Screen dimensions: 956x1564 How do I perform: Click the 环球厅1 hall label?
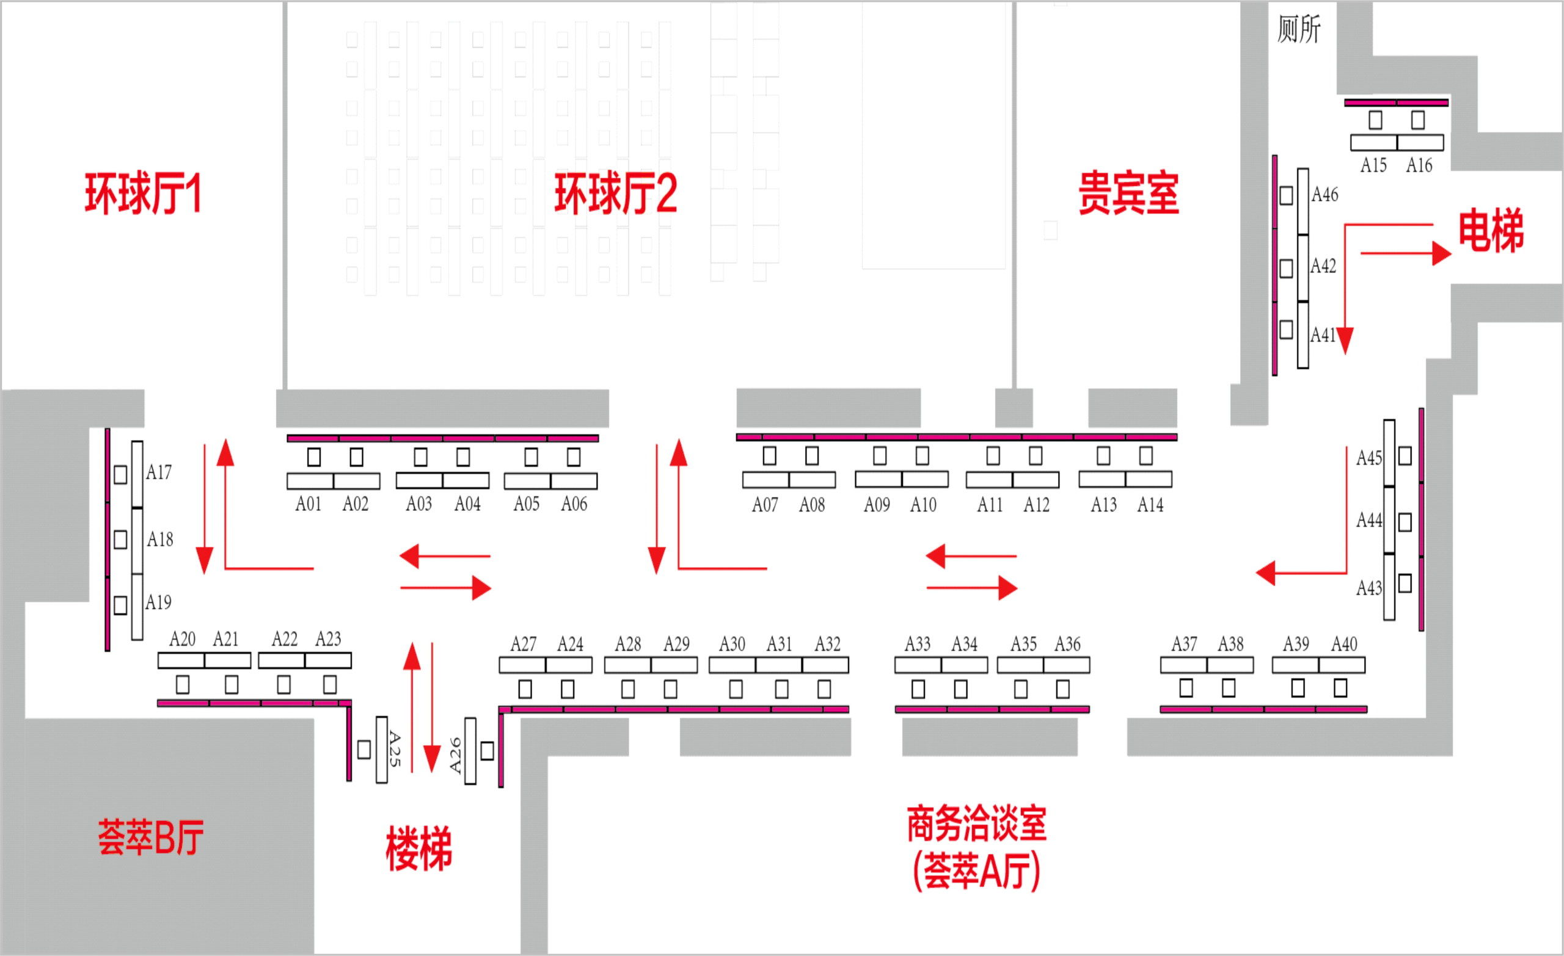tap(144, 194)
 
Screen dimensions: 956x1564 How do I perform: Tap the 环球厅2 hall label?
tap(615, 194)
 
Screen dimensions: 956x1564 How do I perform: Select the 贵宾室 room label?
tap(1128, 193)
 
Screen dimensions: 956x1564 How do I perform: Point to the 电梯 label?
tap(1490, 231)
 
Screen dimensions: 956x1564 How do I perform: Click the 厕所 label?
tap(1299, 29)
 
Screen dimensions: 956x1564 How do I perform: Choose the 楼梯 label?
tap(419, 848)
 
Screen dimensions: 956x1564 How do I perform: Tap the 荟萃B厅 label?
tap(150, 838)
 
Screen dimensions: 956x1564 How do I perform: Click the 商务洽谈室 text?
tap(976, 824)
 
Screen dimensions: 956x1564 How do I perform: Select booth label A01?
tap(309, 504)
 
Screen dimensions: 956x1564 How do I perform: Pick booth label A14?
tap(1150, 505)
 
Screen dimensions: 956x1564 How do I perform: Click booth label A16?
tap(1419, 165)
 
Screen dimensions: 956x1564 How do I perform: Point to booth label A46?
tap(1325, 195)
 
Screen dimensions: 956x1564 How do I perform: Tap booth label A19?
tap(159, 602)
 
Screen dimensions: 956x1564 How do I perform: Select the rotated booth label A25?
tap(395, 749)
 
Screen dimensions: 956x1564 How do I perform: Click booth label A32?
tap(828, 645)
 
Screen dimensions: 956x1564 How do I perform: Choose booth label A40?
tap(1345, 645)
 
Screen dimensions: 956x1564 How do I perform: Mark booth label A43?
tap(1368, 588)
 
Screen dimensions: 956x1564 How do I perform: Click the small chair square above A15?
tap(1375, 120)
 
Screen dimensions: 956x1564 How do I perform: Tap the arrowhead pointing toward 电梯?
tap(1441, 254)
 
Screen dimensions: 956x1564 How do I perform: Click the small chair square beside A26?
tap(488, 751)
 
